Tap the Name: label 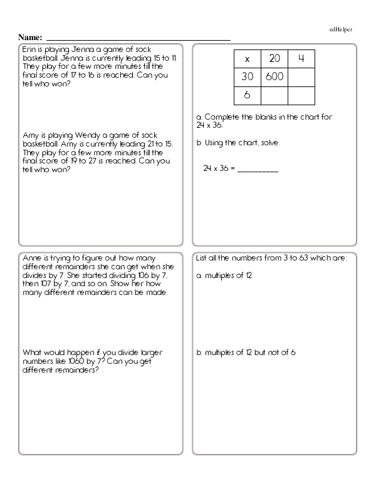pos(31,38)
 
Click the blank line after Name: pos(138,39)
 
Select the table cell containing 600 pos(274,77)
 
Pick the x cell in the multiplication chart pos(247,59)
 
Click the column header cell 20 pos(274,59)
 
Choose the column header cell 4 pos(301,59)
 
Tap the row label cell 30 pos(247,77)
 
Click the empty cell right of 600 pos(301,77)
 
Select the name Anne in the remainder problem pos(32,258)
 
